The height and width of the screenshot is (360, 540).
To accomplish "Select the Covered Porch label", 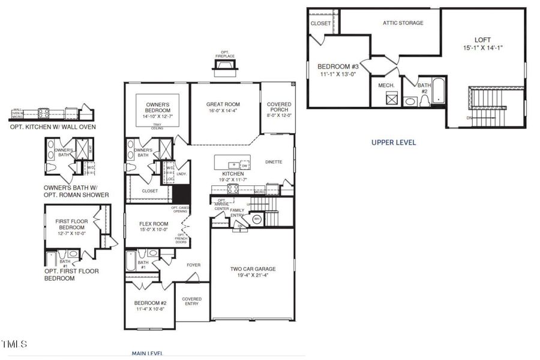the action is (279, 108).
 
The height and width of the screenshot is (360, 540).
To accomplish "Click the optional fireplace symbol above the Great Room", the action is (224, 65).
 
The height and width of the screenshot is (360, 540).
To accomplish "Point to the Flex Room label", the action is (154, 224).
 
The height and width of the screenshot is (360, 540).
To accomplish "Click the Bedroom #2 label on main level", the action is (150, 303).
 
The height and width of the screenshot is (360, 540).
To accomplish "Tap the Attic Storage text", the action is (403, 23).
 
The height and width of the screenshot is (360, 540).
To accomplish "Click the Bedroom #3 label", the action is (338, 66).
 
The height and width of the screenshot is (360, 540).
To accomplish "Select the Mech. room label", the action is (386, 85).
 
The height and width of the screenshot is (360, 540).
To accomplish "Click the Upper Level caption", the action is (393, 143).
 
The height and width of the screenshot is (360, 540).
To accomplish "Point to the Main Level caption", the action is (147, 353).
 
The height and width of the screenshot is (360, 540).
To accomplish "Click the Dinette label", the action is (274, 162).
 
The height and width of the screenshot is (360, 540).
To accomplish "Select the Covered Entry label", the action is (192, 302).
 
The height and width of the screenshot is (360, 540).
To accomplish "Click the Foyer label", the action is (193, 265).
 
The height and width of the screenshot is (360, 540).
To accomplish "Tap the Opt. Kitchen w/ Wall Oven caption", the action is (53, 127).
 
